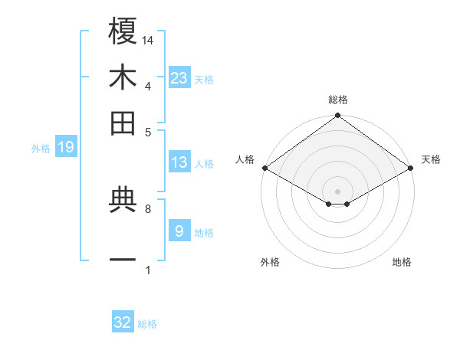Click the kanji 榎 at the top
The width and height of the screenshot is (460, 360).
click(x=123, y=31)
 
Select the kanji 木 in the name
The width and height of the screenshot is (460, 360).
click(x=123, y=77)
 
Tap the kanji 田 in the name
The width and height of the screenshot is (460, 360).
click(x=123, y=123)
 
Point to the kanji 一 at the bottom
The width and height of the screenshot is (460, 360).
click(x=123, y=260)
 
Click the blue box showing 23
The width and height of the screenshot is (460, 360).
click(x=179, y=77)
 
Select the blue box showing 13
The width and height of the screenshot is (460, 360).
click(x=179, y=162)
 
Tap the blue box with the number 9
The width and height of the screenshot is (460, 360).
click(x=179, y=231)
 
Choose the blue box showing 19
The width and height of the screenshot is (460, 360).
click(x=65, y=147)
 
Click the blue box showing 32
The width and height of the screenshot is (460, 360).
click(x=123, y=322)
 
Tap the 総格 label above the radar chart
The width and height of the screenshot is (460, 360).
click(x=337, y=100)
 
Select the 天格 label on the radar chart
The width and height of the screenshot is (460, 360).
click(x=431, y=159)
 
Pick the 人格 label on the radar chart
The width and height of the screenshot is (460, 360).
click(x=245, y=159)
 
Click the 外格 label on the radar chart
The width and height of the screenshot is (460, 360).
click(x=270, y=262)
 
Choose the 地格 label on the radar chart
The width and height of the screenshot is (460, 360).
click(x=402, y=262)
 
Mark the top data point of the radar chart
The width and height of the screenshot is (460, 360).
click(x=337, y=116)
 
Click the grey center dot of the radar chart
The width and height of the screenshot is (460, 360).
click(x=337, y=190)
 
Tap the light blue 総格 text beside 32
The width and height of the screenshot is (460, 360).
click(x=147, y=324)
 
